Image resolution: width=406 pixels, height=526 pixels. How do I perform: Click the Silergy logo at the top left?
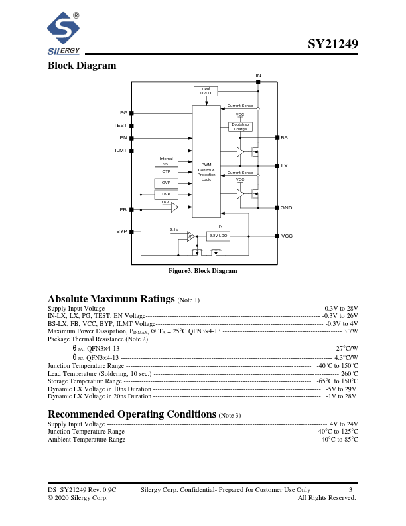64,34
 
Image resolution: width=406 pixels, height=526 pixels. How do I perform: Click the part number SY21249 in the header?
333,45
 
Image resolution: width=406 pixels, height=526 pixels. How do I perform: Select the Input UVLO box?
206,91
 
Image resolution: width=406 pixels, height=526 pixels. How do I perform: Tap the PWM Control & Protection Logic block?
206,171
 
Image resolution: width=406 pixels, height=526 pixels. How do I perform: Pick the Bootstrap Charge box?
240,126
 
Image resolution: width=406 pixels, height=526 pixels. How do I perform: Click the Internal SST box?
167,161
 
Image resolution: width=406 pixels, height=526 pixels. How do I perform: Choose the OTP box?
167,171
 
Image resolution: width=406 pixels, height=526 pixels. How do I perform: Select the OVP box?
167,183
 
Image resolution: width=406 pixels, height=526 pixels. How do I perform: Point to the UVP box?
167,193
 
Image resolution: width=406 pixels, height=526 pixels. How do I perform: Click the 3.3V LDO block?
218,236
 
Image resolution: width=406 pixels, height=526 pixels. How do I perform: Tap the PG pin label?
123,113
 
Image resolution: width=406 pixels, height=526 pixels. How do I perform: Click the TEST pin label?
120,126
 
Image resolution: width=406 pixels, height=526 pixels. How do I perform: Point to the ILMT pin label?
120,151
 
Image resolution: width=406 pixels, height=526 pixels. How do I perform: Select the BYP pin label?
121,232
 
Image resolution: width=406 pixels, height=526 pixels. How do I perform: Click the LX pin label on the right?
284,165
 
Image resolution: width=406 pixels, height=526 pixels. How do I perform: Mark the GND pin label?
286,208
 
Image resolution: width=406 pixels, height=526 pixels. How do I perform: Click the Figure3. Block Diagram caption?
202,271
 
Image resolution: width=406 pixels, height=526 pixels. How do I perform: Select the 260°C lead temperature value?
349,373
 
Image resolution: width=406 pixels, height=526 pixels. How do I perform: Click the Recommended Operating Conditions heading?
132,414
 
